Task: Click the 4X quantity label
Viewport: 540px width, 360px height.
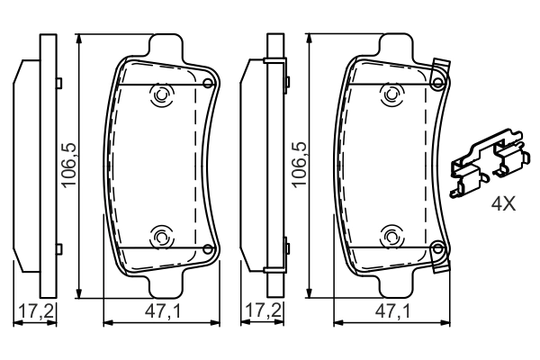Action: click(502, 203)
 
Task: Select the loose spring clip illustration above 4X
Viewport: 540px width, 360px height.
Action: click(485, 166)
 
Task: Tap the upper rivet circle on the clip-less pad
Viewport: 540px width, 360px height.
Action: click(162, 94)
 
